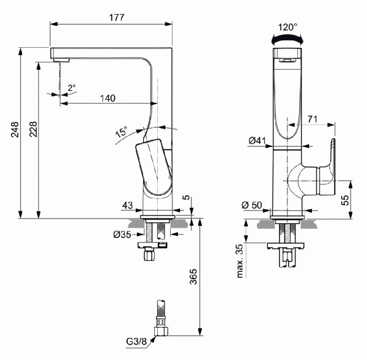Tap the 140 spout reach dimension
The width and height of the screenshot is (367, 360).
[108, 98]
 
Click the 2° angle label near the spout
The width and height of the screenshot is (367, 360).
[72, 88]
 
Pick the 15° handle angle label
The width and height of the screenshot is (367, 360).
[121, 132]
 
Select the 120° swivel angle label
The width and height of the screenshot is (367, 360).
[287, 27]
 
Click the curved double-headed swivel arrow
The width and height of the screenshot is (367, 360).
[287, 39]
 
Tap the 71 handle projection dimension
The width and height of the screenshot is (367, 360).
[312, 119]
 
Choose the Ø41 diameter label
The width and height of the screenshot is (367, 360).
[257, 141]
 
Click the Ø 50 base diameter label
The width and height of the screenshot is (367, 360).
[252, 204]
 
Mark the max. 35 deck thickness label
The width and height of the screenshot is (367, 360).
[240, 260]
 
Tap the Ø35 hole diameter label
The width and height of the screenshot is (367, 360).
[122, 234]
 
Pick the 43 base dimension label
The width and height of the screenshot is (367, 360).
[127, 204]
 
